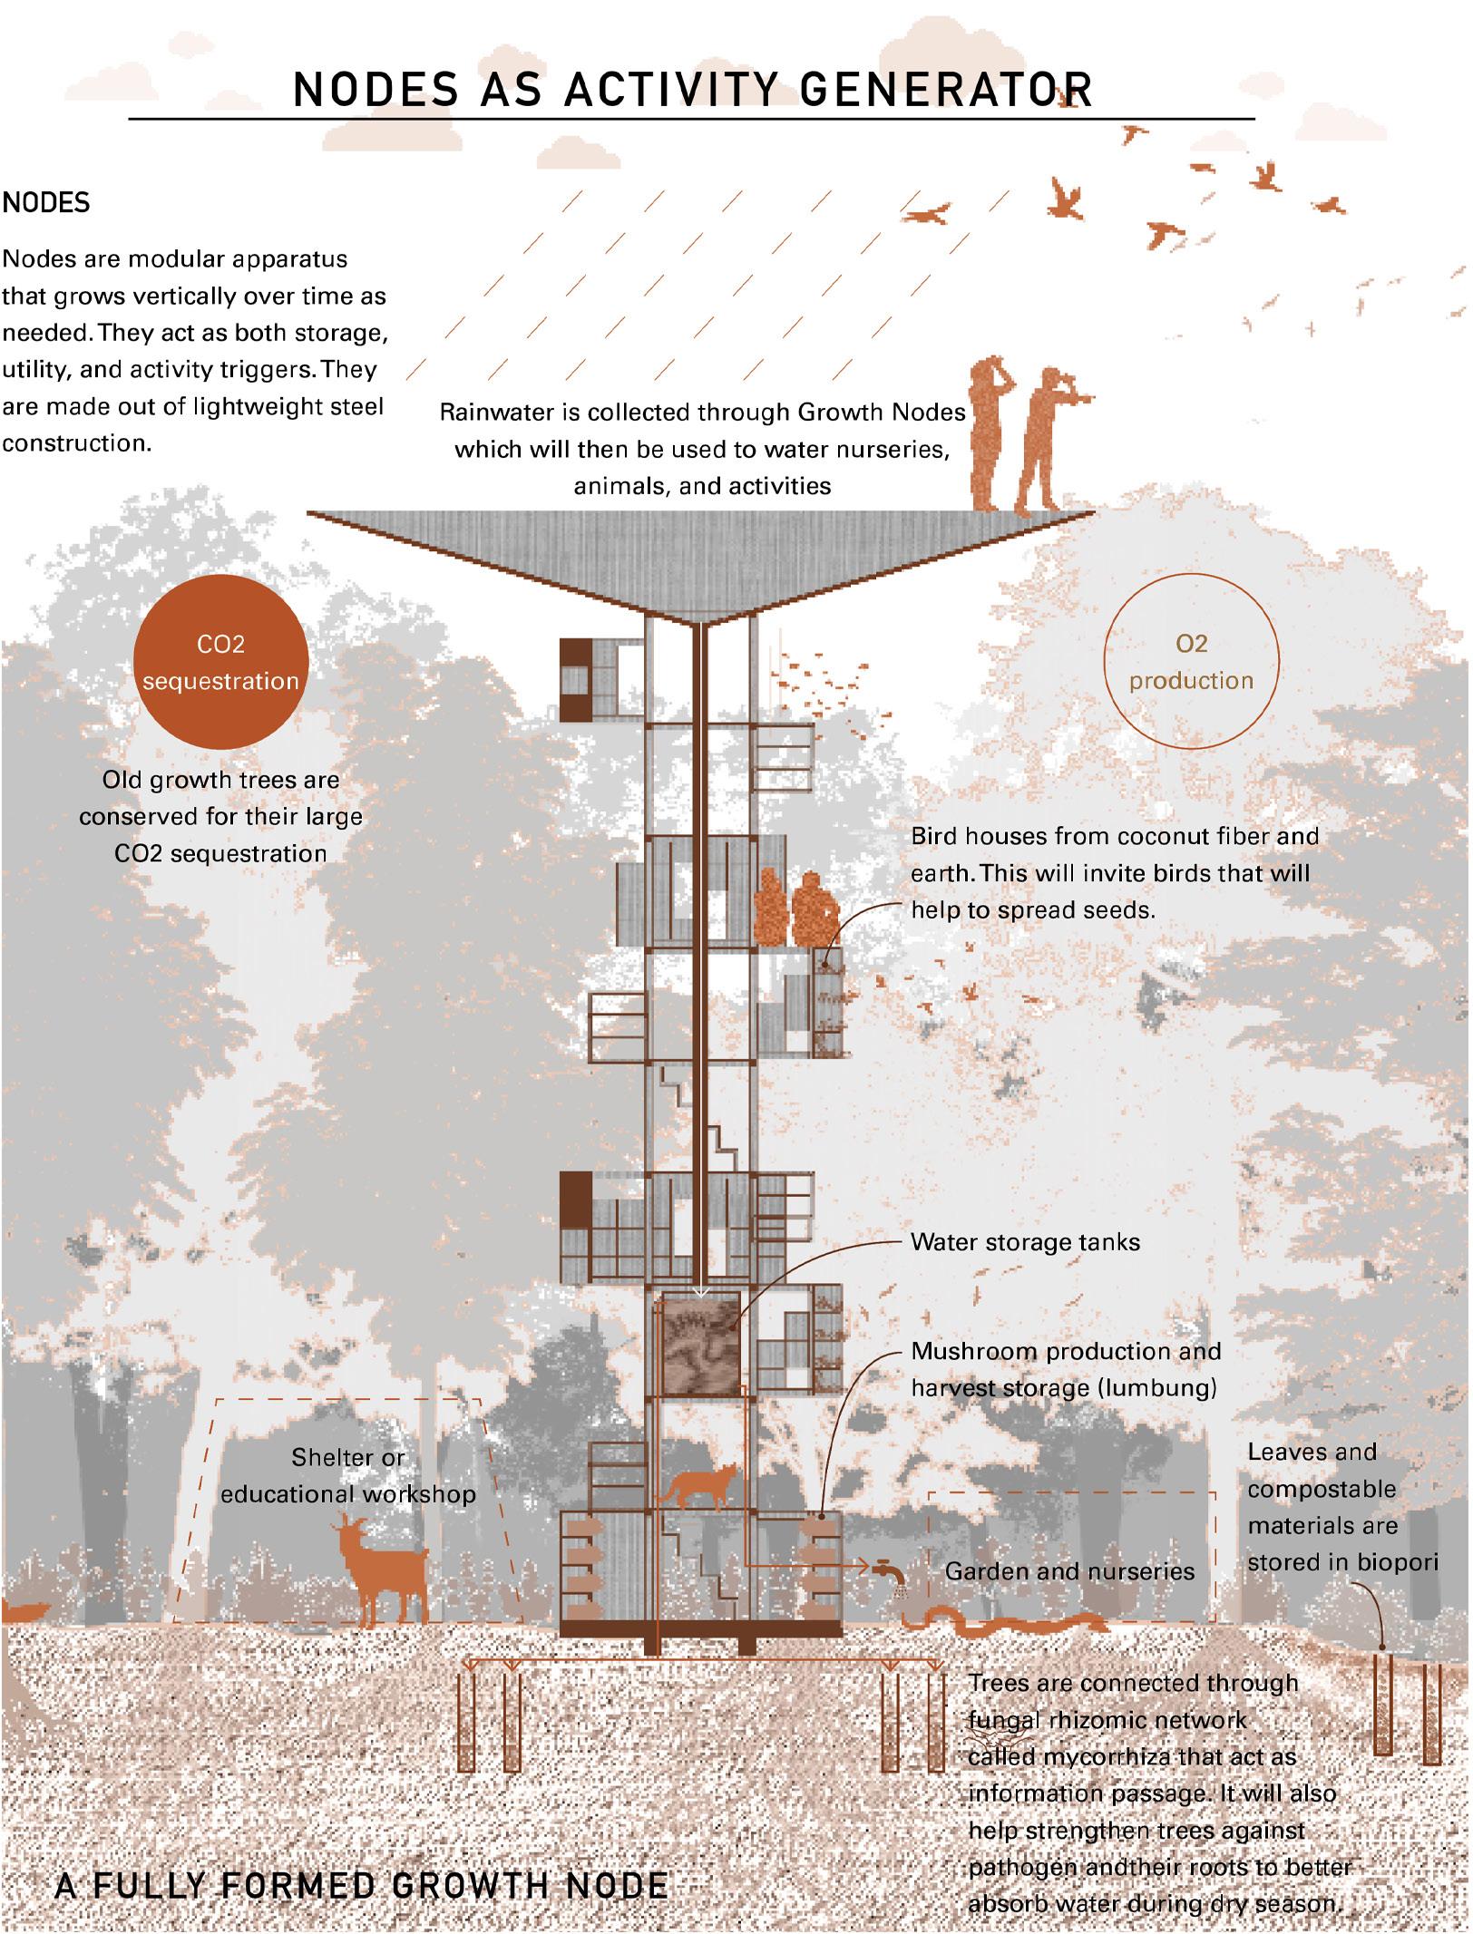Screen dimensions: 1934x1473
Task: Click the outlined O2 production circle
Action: click(1191, 662)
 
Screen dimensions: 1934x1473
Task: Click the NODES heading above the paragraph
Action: click(46, 203)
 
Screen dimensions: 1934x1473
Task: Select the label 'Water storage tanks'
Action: click(1025, 1241)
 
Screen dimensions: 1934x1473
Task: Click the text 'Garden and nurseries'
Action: click(1069, 1571)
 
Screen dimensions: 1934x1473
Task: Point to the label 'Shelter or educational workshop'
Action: click(348, 1476)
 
